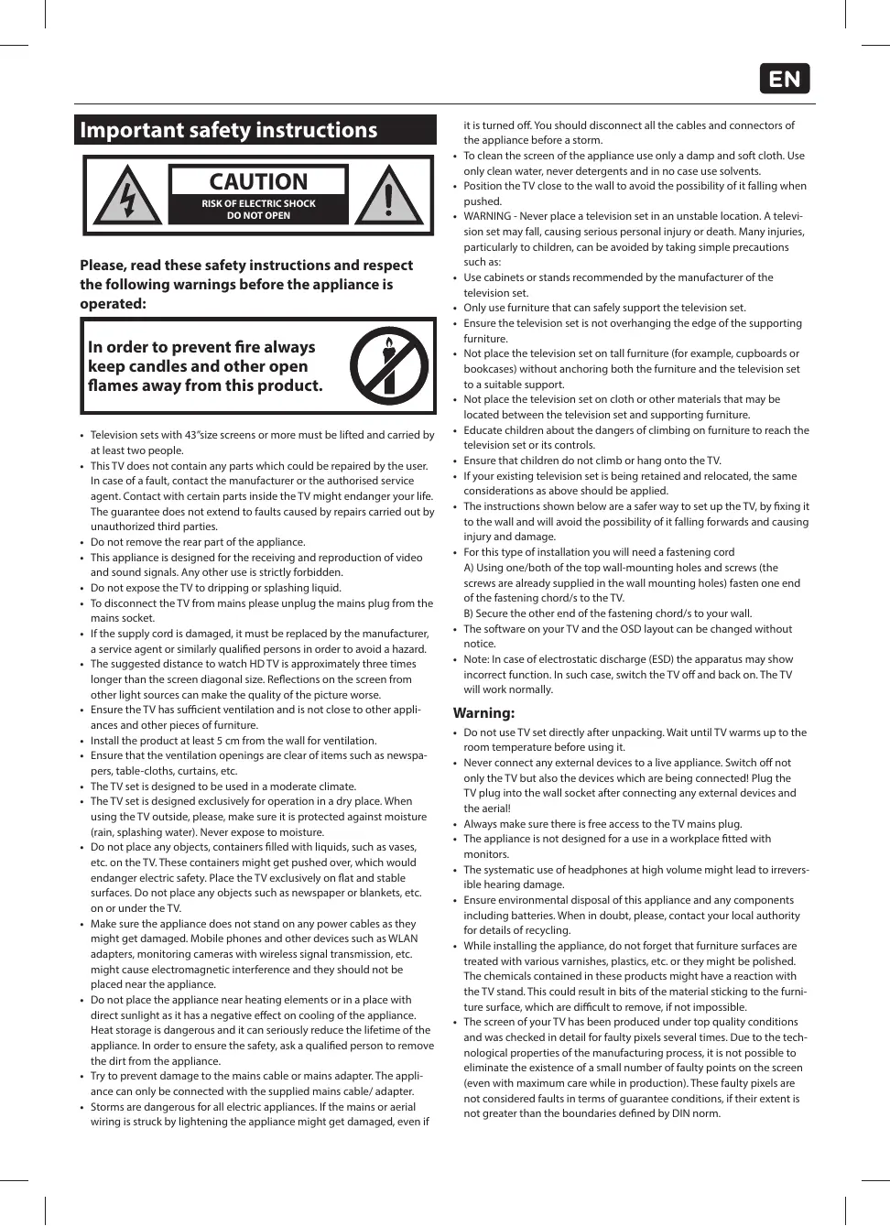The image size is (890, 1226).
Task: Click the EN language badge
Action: point(785,79)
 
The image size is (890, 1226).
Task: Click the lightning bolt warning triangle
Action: point(128,197)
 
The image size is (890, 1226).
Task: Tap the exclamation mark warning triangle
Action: point(389,195)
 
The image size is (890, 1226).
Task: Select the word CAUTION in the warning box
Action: point(258,181)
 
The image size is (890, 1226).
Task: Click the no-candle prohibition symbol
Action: point(389,366)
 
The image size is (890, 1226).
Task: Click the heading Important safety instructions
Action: point(229,130)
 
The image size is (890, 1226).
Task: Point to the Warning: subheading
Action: point(483,712)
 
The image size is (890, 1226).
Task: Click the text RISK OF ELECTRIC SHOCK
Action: point(258,203)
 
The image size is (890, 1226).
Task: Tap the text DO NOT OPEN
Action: point(258,216)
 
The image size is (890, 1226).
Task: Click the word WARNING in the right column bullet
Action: point(487,216)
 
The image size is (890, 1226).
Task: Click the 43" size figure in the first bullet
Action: point(195,435)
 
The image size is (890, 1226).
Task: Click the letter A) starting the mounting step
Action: point(469,568)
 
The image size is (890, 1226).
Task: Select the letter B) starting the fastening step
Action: point(469,613)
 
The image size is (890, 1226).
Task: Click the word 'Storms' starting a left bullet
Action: point(107,1107)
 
